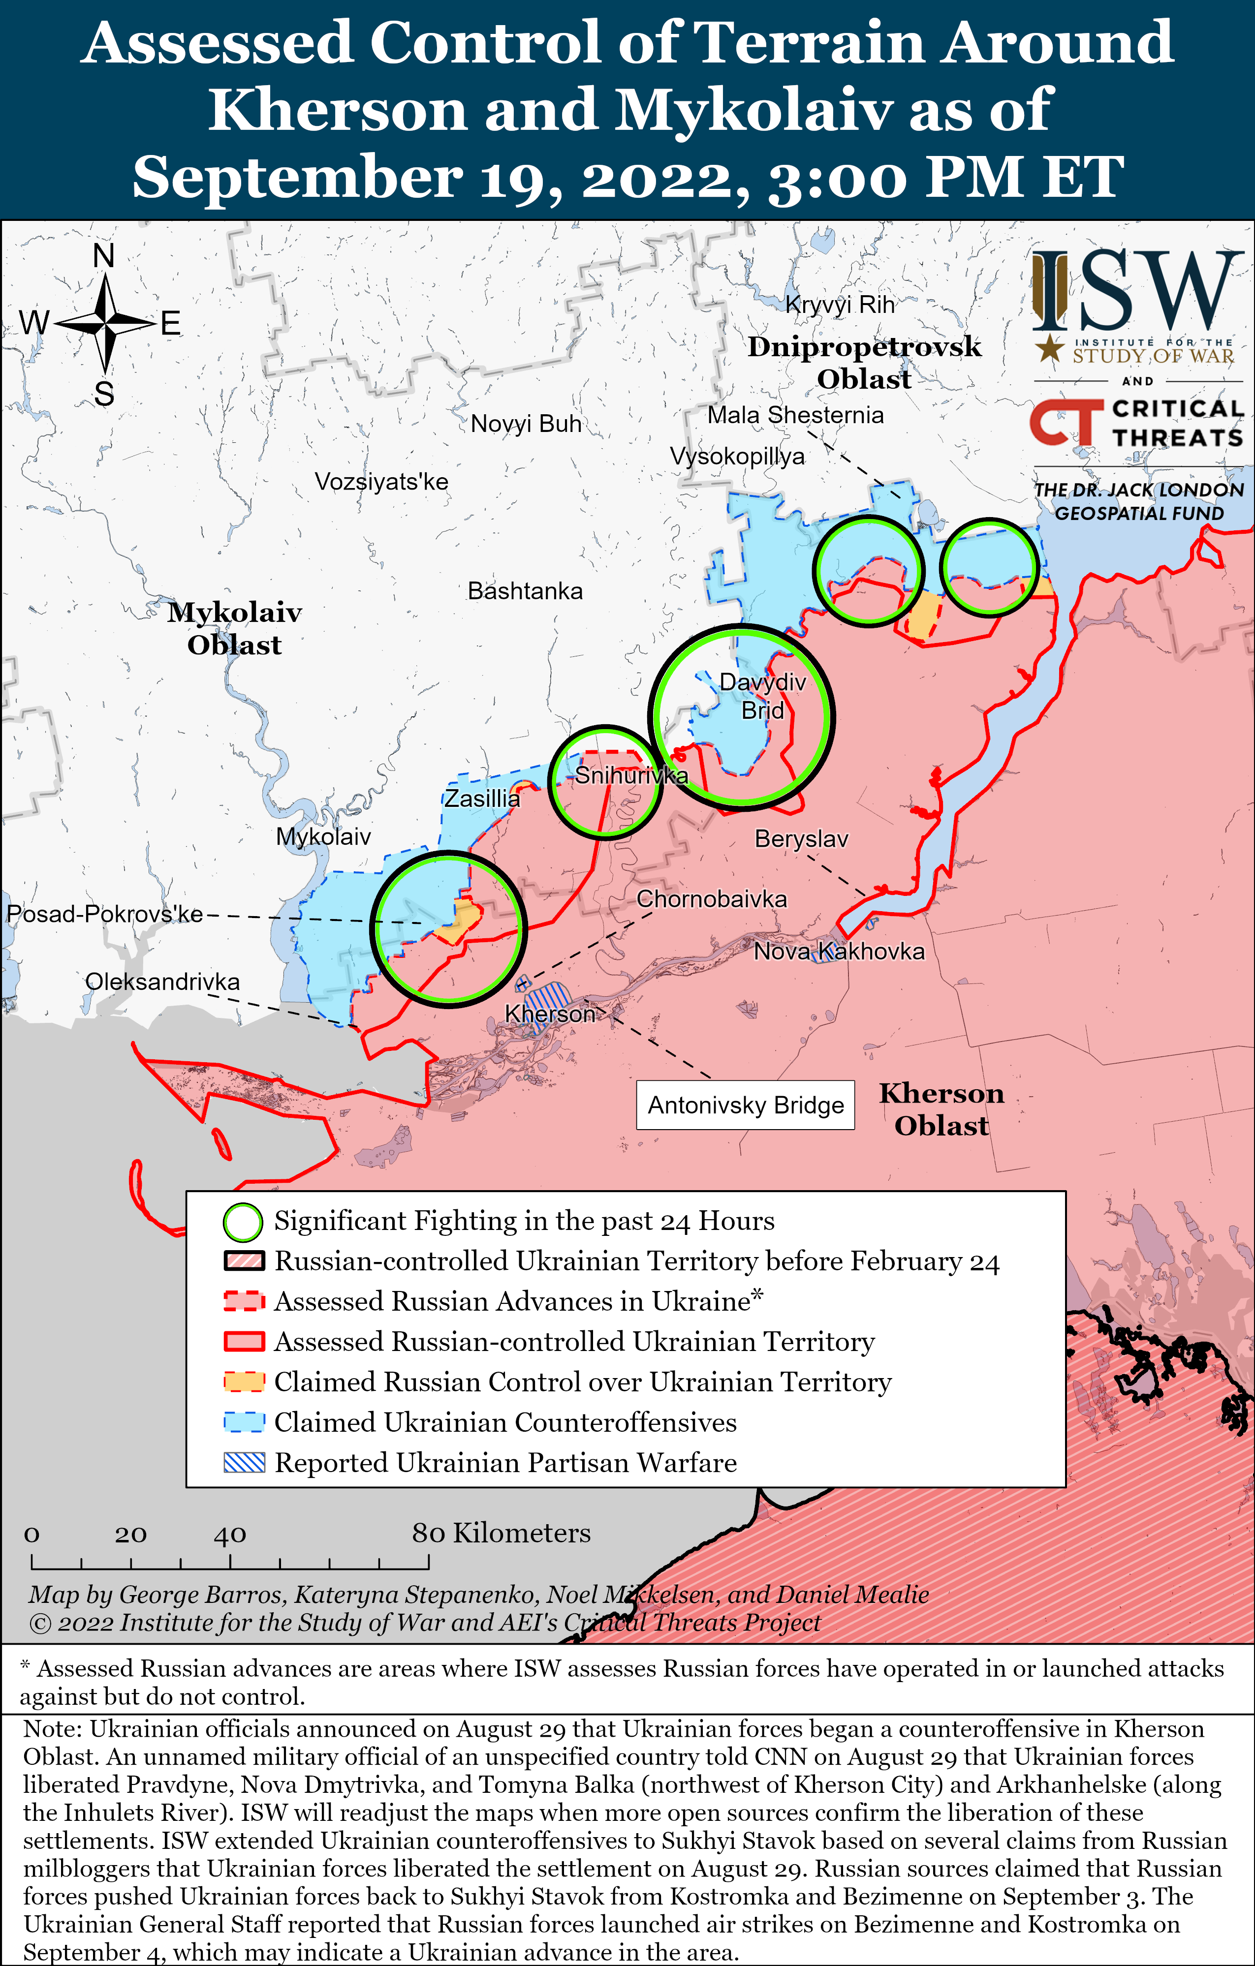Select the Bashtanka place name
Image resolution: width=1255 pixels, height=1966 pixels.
[x=525, y=591]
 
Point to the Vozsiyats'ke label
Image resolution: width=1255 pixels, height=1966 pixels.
[x=381, y=482]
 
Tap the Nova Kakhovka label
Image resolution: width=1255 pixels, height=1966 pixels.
[x=839, y=951]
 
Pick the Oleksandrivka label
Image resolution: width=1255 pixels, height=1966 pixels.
[x=162, y=982]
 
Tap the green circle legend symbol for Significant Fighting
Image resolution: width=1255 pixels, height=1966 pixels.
[x=243, y=1222]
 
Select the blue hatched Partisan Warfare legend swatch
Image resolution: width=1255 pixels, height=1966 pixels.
[x=244, y=1462]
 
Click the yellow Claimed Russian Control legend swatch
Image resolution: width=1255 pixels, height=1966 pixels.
[x=244, y=1382]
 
